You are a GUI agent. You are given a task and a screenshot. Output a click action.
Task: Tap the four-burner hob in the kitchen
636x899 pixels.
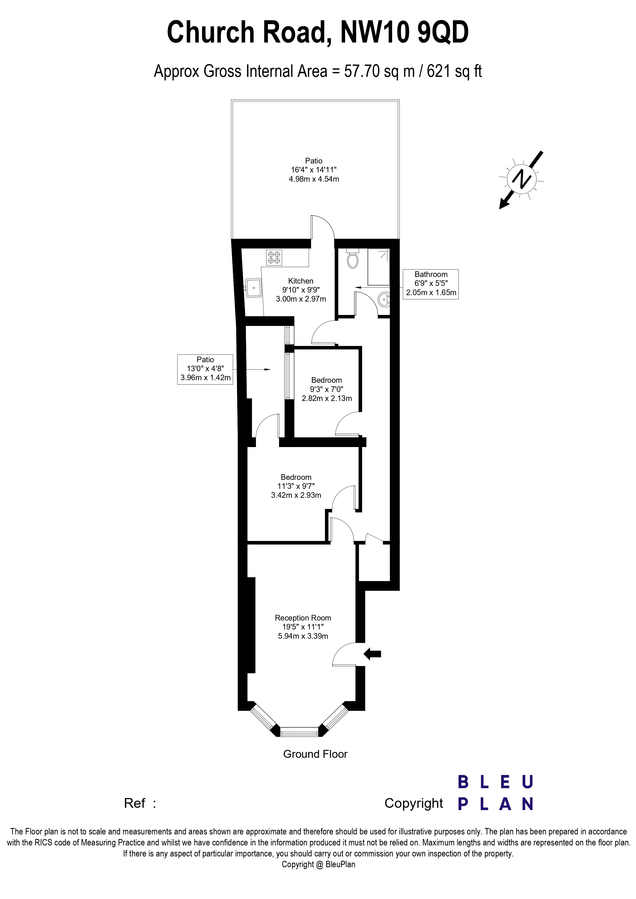(274, 258)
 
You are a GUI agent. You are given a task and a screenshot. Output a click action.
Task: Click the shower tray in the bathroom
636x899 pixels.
(378, 267)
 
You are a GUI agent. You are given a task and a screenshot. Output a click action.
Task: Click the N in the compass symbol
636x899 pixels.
(521, 179)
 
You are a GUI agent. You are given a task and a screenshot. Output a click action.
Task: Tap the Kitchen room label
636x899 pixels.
(301, 281)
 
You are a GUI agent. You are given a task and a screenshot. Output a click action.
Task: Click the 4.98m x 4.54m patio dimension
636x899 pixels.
(314, 179)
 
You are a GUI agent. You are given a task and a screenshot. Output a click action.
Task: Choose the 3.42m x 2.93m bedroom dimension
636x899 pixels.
(296, 495)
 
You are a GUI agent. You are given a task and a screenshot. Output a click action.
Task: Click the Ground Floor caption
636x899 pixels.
(315, 754)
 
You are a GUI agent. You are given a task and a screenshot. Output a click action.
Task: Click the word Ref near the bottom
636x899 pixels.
(134, 803)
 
